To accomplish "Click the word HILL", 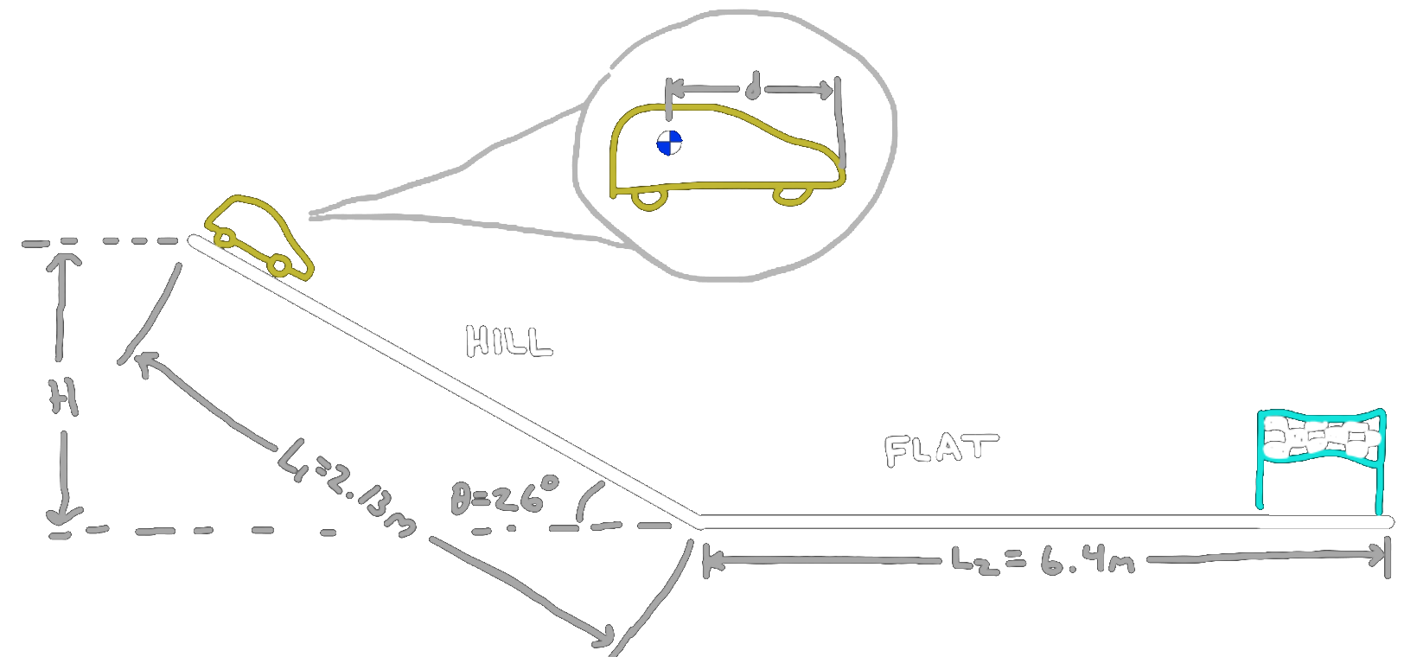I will pos(508,341).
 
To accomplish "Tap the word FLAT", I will pos(940,450).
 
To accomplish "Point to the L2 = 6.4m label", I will pos(1042,561).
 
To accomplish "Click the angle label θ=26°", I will pos(505,497).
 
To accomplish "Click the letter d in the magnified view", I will pos(753,88).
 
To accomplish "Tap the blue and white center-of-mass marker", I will pos(669,143).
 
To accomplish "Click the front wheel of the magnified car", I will pos(791,195).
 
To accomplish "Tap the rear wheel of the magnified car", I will pos(650,198).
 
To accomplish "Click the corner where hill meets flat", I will pos(699,521).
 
